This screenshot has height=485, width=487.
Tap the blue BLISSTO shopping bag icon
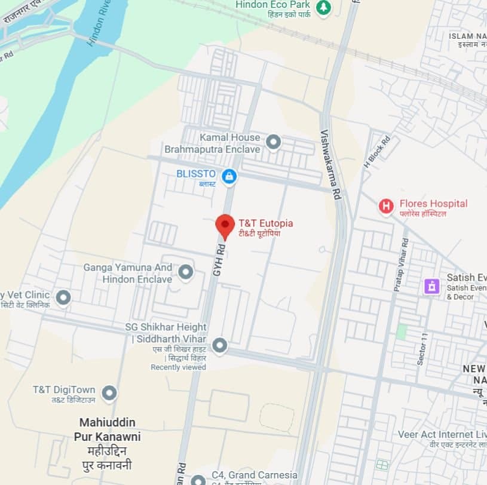point(228,176)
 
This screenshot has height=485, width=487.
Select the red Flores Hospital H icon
point(387,207)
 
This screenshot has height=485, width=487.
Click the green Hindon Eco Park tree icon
point(323,8)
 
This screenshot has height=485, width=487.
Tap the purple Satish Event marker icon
point(431,286)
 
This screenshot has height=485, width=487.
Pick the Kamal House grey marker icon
point(273,142)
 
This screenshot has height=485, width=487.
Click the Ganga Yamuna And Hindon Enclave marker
point(186,272)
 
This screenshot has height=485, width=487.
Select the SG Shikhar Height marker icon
point(220,345)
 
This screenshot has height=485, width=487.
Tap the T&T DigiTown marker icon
point(109,393)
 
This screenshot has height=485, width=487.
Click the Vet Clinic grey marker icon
point(63,297)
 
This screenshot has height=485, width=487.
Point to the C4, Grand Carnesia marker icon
point(198,480)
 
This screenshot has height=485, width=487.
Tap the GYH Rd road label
point(218,258)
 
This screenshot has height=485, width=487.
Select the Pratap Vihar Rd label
point(400,265)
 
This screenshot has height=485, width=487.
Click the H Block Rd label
point(376,152)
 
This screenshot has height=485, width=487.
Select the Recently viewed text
point(178,367)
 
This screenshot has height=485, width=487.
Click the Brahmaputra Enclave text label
point(212,149)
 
